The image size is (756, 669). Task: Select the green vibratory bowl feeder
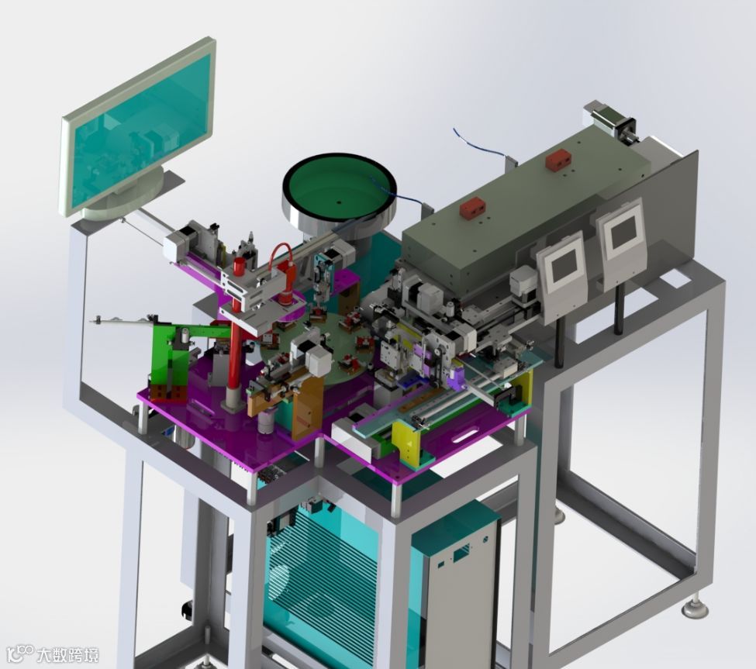[x=340, y=193]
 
